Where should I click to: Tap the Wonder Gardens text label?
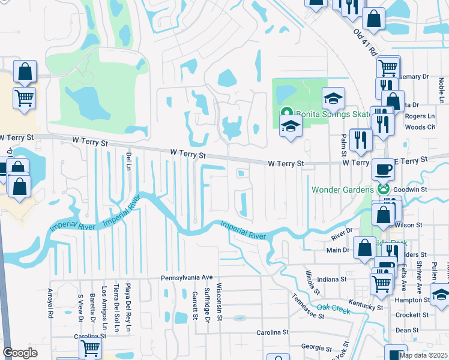tap(342, 190)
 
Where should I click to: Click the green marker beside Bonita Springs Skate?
tap(287, 112)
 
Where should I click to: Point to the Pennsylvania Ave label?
tap(187, 278)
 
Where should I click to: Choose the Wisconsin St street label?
tap(219, 301)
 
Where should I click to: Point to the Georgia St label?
tap(317, 347)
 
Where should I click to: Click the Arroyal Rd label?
tap(50, 303)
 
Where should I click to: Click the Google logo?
tap(20, 353)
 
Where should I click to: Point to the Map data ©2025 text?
tap(423, 355)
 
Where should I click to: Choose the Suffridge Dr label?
tap(207, 303)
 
